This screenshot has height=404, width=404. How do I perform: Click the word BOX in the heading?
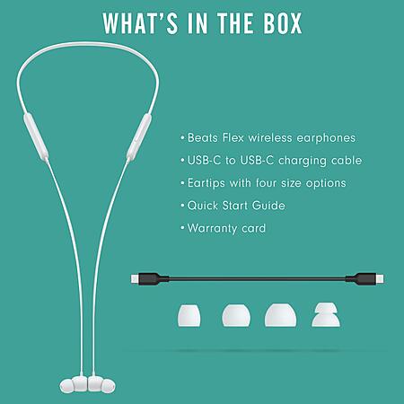click(283, 23)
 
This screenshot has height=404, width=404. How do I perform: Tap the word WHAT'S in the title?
click(141, 23)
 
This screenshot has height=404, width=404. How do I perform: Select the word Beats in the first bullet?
click(203, 137)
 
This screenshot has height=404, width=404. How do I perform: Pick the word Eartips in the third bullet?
click(206, 183)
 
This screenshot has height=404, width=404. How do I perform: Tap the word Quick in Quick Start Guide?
click(202, 206)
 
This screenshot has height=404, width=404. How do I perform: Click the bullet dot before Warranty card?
click(182, 228)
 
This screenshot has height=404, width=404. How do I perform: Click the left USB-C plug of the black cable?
click(135, 279)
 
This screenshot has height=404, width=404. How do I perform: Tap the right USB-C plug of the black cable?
click(381, 279)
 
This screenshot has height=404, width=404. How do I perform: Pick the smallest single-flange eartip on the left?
click(189, 315)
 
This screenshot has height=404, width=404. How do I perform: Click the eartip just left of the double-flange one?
click(280, 315)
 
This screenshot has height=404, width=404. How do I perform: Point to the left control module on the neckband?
click(36, 136)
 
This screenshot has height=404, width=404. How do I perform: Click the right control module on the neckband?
click(139, 136)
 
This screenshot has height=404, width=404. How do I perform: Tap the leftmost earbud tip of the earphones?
click(66, 386)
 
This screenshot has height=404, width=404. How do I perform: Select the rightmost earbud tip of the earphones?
click(108, 386)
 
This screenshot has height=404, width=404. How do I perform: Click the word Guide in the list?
click(268, 206)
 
